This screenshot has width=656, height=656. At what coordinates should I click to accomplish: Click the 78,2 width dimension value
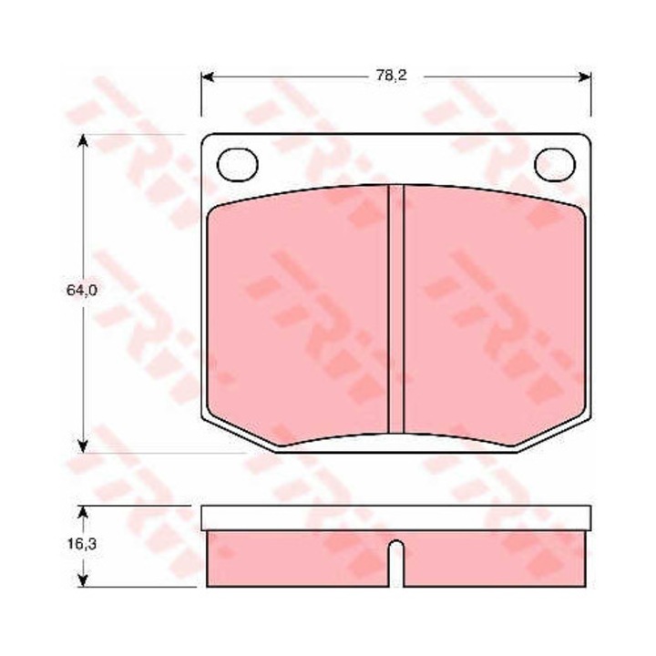(x=391, y=76)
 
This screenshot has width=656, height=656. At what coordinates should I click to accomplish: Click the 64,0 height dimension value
(x=82, y=290)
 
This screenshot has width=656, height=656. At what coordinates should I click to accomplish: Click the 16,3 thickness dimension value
(x=82, y=544)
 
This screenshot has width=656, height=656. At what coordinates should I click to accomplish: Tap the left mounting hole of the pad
(x=237, y=165)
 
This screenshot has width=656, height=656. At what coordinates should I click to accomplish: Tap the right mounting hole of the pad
(x=555, y=165)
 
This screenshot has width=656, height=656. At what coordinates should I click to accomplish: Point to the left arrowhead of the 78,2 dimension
(x=208, y=77)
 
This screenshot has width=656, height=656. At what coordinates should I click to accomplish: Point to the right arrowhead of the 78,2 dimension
(x=584, y=77)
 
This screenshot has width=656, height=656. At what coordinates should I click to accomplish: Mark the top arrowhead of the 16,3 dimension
(x=83, y=513)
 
